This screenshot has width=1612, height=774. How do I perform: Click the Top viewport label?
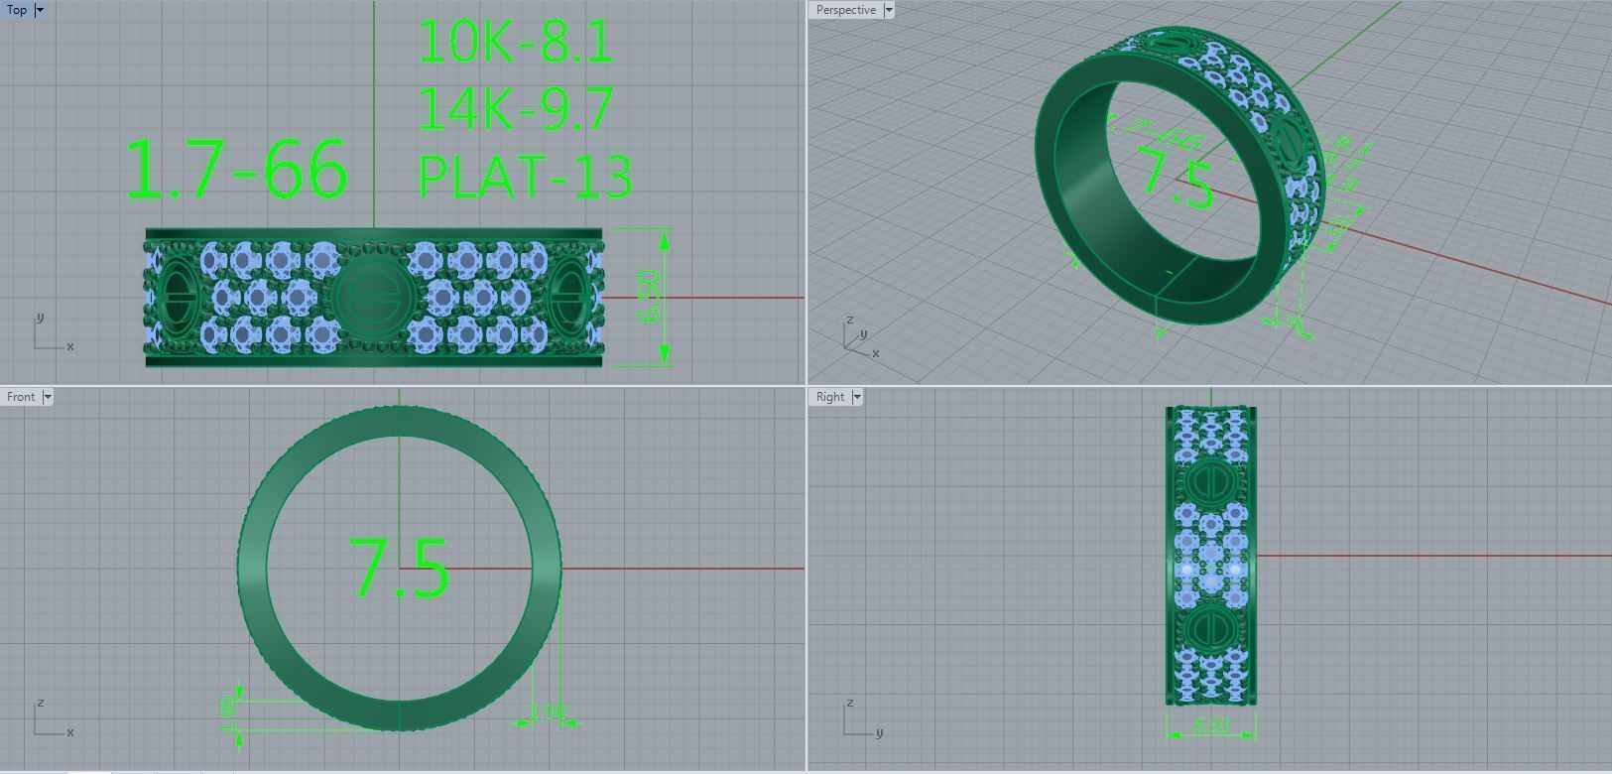click(x=17, y=10)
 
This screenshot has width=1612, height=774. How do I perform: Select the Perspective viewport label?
click(x=845, y=10)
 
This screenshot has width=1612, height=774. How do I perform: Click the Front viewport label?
click(x=21, y=397)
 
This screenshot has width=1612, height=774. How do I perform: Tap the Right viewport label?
click(x=830, y=397)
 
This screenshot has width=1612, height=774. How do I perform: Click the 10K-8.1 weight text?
click(x=515, y=43)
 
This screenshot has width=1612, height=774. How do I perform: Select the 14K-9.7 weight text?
click(x=515, y=109)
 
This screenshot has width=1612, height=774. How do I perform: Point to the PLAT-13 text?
click(x=525, y=177)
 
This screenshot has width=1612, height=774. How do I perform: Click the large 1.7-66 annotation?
click(x=236, y=169)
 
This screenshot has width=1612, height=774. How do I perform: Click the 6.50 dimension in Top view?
click(x=652, y=297)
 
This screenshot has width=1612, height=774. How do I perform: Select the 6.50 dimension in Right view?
click(x=1210, y=726)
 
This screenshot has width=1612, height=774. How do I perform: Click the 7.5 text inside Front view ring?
click(x=399, y=569)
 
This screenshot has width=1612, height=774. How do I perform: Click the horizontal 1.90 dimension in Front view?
click(x=547, y=712)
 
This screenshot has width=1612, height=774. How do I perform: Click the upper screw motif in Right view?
click(x=1210, y=481)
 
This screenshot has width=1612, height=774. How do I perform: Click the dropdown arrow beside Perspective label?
click(x=889, y=10)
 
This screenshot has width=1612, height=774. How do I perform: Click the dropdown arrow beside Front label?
click(x=48, y=397)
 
